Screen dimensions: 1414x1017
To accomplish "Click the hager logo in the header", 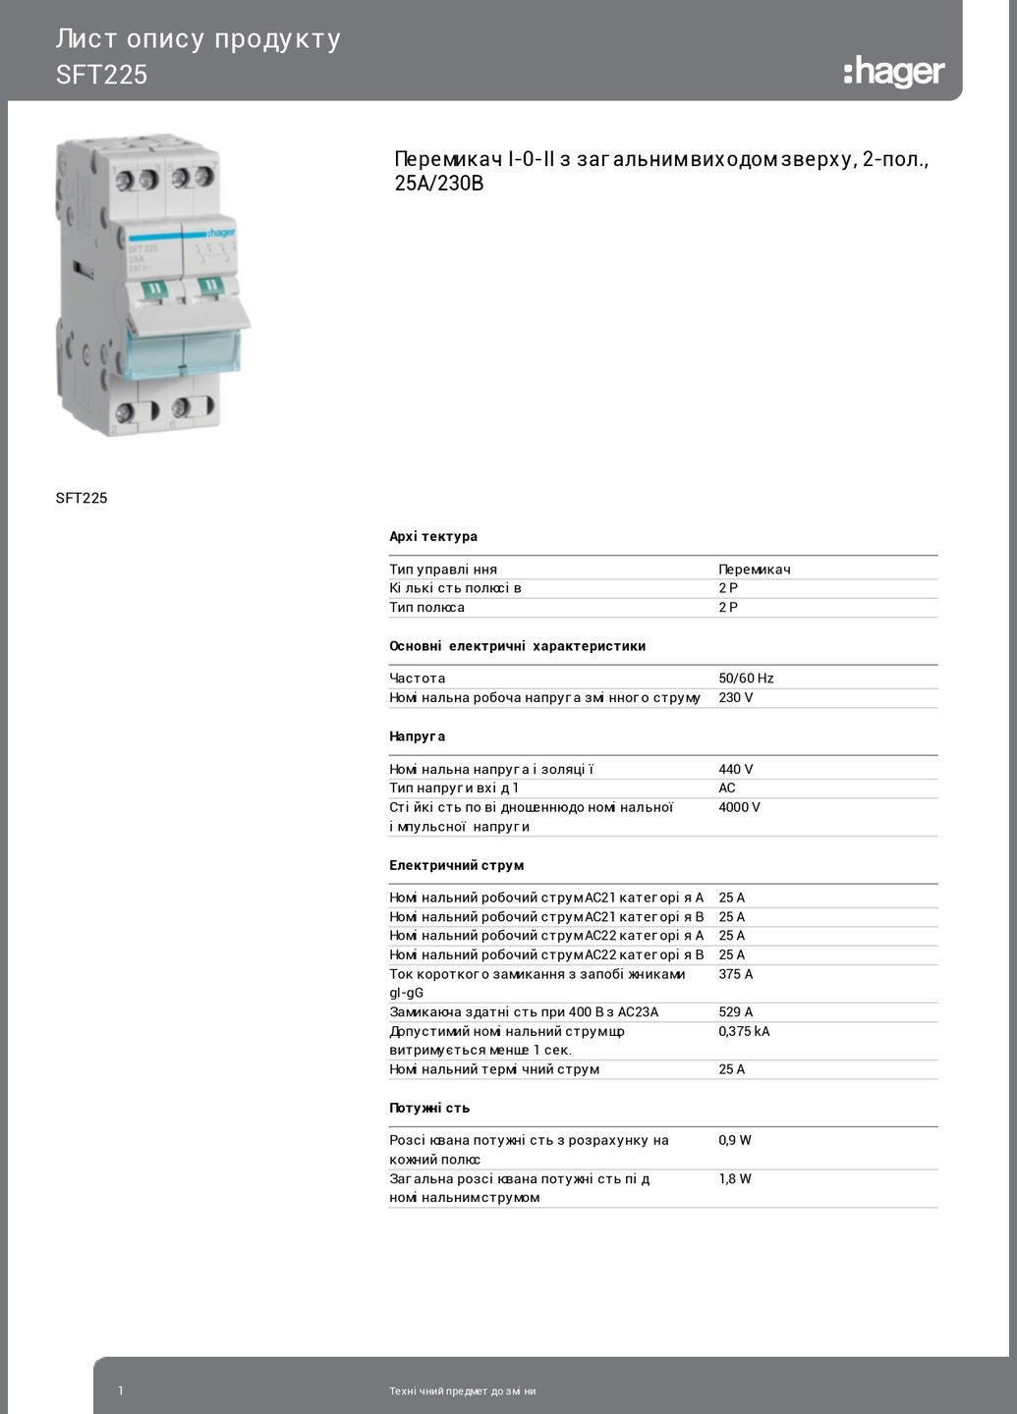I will (893, 72).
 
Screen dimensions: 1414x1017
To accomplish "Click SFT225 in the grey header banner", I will (101, 76).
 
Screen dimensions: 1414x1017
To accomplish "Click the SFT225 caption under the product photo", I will (82, 498).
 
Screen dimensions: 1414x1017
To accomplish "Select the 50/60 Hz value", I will (746, 679).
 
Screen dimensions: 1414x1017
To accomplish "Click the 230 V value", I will (735, 698).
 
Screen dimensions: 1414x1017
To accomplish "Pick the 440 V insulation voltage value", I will (735, 770).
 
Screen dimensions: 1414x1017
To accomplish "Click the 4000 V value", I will (739, 807).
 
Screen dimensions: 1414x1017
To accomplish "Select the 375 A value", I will (735, 974).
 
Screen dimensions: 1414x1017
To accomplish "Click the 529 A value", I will (735, 1012).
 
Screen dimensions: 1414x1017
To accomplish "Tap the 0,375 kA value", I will (744, 1032).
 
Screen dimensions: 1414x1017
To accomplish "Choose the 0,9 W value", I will (734, 1140).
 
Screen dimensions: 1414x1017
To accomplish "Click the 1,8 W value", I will (734, 1179).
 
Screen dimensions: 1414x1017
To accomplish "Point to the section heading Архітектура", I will (433, 537).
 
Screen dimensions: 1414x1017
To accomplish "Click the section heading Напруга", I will (417, 736).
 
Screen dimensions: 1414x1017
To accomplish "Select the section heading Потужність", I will (429, 1108).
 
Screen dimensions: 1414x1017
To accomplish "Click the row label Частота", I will (417, 679).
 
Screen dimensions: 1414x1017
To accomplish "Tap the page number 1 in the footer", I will (121, 1390).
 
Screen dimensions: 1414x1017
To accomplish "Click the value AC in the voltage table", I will (726, 789).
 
